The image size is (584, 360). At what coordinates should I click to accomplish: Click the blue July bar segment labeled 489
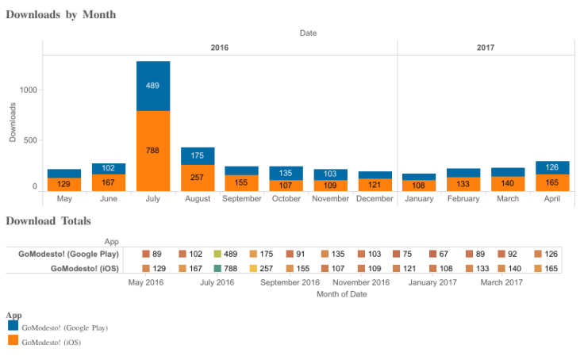pyautogui.click(x=153, y=86)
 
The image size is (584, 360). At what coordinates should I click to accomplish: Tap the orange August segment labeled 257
pyautogui.click(x=198, y=177)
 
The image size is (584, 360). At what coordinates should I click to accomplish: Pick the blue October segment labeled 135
pyautogui.click(x=286, y=173)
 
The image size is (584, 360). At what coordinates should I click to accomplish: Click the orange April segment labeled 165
pyautogui.click(x=552, y=182)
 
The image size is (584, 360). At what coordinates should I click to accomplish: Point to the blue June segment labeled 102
pyautogui.click(x=109, y=168)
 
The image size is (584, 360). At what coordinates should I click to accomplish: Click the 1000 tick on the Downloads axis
pyautogui.click(x=29, y=90)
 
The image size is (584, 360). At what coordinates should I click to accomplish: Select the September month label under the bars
pyautogui.click(x=242, y=199)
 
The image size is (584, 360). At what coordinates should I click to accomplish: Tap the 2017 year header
pyautogui.click(x=486, y=48)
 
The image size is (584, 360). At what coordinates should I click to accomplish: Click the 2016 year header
pyautogui.click(x=220, y=48)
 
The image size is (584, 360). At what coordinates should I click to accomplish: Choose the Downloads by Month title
pyautogui.click(x=60, y=14)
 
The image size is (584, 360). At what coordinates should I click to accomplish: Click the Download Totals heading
pyautogui.click(x=48, y=220)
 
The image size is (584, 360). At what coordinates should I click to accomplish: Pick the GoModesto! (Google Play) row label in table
pyautogui.click(x=69, y=254)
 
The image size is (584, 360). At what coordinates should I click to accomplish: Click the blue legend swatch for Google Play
pyautogui.click(x=13, y=325)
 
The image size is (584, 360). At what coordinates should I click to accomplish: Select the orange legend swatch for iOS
pyautogui.click(x=13, y=340)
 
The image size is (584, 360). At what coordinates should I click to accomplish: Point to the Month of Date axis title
pyautogui.click(x=341, y=294)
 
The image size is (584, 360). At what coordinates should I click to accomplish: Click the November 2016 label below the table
pyautogui.click(x=360, y=282)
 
